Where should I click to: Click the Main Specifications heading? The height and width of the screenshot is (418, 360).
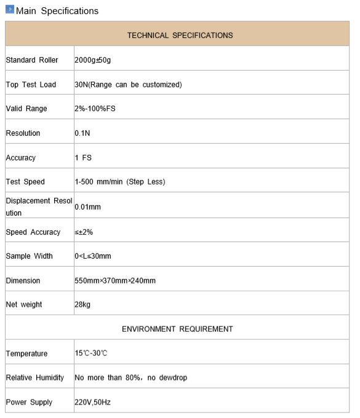[x=57, y=11]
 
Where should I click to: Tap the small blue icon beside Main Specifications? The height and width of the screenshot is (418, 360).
[x=9, y=10]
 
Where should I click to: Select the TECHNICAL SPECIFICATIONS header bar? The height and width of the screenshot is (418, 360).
[x=180, y=35]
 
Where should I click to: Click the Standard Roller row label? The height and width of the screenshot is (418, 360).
[x=32, y=60]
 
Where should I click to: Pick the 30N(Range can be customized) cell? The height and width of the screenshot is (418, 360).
[x=128, y=84]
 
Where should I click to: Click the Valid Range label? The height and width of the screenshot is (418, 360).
[x=26, y=109]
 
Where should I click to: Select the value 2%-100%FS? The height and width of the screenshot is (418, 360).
[x=95, y=109]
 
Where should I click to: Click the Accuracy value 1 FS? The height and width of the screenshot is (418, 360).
[x=83, y=158]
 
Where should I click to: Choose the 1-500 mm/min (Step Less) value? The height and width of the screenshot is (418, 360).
[x=120, y=182]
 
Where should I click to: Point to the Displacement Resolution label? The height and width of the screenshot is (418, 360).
[x=39, y=207]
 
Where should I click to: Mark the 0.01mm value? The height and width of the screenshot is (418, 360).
[x=87, y=207]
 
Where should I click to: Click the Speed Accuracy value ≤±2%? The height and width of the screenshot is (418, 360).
[x=84, y=232]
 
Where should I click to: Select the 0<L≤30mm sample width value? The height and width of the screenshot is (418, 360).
[x=93, y=256]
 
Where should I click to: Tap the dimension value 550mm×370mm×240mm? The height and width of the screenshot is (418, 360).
[x=115, y=280]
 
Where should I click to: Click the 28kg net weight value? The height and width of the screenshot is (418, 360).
[x=83, y=304]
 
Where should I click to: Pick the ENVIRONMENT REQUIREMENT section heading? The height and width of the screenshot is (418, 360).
[x=177, y=329]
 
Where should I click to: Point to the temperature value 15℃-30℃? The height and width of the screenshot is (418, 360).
[x=91, y=353]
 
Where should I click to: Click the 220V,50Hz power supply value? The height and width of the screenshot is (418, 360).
[x=92, y=402]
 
